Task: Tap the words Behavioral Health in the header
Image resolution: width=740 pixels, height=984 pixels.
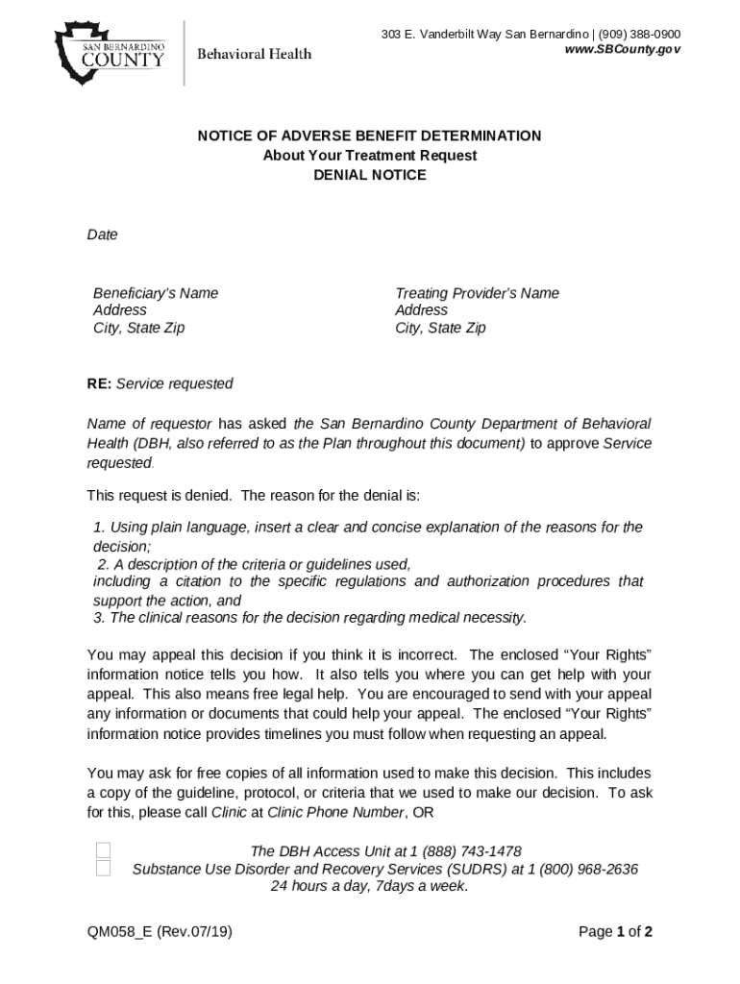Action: [254, 54]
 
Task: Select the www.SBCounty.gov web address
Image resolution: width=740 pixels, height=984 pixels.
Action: [624, 49]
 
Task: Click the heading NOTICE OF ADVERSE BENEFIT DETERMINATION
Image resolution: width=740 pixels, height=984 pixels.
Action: [369, 136]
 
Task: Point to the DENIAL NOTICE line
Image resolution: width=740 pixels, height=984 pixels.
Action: [370, 176]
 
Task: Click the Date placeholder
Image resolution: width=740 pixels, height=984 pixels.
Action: [103, 234]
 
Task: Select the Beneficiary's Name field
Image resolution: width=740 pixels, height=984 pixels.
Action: [156, 293]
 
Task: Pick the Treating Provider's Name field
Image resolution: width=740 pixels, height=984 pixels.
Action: [477, 293]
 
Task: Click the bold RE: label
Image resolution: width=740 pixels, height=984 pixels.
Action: [99, 383]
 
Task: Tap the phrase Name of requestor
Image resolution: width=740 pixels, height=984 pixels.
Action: [149, 424]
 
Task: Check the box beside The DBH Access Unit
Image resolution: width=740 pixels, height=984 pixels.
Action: [104, 851]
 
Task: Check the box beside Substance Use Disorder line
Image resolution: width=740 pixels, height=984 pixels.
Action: [104, 869]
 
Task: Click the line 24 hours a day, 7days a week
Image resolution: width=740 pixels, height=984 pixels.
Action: [369, 886]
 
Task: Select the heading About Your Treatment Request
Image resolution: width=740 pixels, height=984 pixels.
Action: [370, 156]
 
